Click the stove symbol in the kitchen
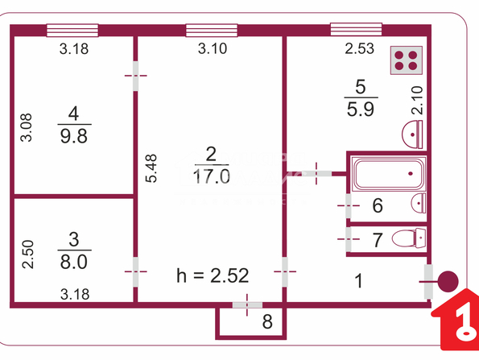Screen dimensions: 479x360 click(407, 60)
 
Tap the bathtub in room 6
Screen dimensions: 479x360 click(389, 173)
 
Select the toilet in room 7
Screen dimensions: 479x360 click(409, 238)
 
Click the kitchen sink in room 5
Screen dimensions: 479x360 click(412, 134)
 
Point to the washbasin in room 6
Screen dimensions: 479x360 click(419, 203)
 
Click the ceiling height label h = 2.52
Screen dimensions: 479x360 click(213, 275)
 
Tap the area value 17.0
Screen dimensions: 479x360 click(212, 176)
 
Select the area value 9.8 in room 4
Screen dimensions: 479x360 click(74, 136)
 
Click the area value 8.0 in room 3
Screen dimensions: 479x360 click(74, 262)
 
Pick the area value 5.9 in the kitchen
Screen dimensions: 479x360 click(361, 109)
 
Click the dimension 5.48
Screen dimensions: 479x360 click(151, 168)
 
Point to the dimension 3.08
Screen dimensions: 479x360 click(26, 127)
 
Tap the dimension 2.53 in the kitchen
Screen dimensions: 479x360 click(360, 49)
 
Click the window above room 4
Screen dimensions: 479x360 click(72, 31)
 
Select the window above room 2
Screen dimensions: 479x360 click(212, 31)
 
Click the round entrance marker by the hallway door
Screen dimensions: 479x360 click(448, 281)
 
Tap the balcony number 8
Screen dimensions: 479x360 click(267, 321)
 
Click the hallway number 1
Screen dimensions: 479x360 click(358, 281)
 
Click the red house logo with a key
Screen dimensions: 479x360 click(456, 320)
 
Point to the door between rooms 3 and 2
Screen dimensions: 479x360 click(135, 271)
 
